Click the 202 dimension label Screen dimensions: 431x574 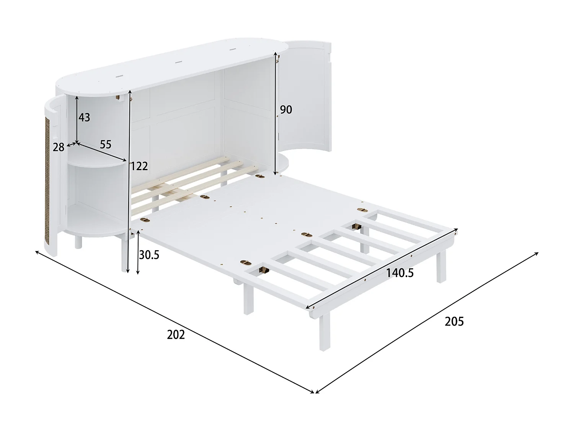[176, 334]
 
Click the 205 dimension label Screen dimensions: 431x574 [454, 321]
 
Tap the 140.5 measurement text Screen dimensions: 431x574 [400, 273]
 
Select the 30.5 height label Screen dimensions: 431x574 [149, 255]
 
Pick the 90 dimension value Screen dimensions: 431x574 [286, 110]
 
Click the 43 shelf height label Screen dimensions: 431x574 [84, 117]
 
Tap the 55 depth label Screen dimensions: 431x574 [105, 144]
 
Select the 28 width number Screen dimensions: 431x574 [59, 147]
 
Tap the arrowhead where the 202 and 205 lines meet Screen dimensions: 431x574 [314, 392]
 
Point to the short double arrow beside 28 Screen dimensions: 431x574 [72, 144]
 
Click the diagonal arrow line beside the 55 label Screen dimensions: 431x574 [102, 152]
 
